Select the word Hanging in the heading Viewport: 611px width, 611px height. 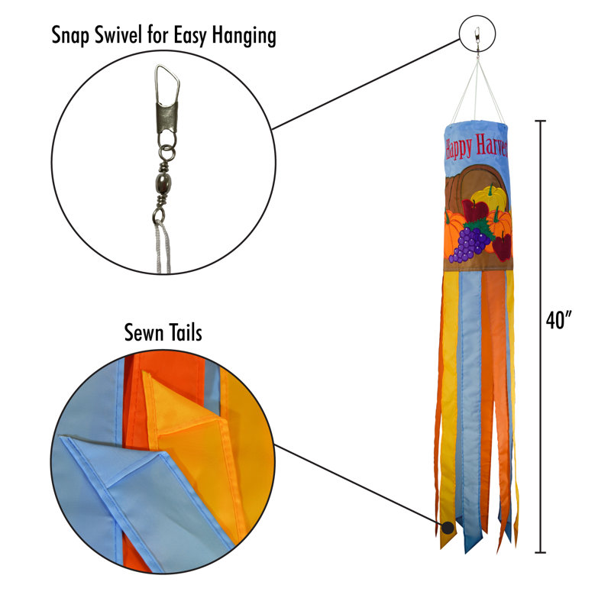click(244, 36)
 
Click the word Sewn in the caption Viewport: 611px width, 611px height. click(144, 333)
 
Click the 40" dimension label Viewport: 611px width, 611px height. click(559, 320)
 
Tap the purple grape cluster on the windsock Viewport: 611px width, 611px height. click(470, 244)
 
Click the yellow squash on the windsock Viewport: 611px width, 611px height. click(490, 199)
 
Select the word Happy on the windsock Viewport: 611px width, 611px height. click(459, 148)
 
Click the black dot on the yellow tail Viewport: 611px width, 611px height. click(448, 528)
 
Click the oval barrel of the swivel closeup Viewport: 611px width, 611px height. click(163, 183)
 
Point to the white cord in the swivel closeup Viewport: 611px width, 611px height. click(163, 246)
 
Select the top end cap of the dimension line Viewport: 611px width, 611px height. click(540, 121)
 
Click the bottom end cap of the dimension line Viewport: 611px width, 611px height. click(540, 552)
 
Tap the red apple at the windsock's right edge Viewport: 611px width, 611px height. click(503, 246)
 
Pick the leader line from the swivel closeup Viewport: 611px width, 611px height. click(367, 84)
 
